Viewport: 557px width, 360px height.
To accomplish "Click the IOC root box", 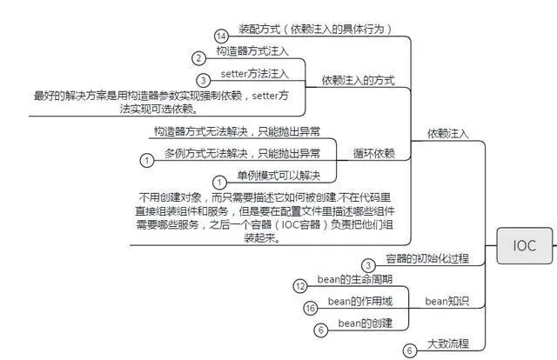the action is click(x=524, y=246).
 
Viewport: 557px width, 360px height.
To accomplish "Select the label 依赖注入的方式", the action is click(x=359, y=80).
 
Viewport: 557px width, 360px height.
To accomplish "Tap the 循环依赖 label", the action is click(x=374, y=153).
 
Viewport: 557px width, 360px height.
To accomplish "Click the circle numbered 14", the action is click(x=221, y=36).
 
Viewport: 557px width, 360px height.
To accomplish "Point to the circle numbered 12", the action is click(x=299, y=285).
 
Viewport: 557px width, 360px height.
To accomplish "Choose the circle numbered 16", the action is click(x=310, y=308).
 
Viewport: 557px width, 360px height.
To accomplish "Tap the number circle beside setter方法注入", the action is click(x=203, y=80).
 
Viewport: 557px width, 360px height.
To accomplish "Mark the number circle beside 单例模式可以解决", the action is click(x=219, y=182).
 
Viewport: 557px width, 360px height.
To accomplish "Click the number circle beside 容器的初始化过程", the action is click(x=369, y=264).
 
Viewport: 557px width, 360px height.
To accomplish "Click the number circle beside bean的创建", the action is click(x=320, y=330).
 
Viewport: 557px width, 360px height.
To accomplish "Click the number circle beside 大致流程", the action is click(x=409, y=351).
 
